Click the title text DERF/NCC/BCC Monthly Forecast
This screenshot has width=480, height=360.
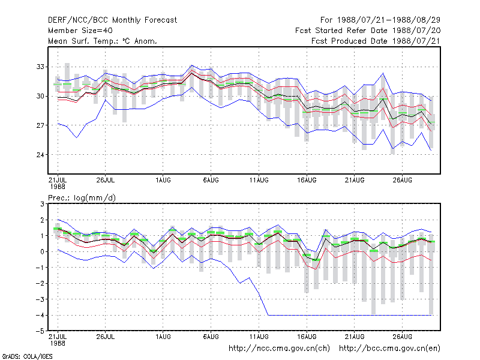[112, 20]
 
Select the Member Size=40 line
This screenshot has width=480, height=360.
[80, 31]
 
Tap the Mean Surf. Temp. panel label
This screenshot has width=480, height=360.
[103, 41]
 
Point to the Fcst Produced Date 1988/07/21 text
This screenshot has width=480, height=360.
[376, 41]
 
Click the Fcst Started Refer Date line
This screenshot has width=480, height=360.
[368, 31]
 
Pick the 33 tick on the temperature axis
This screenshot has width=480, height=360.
[40, 67]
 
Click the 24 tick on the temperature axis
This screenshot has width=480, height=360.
[40, 155]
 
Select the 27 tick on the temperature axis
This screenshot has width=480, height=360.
[40, 125]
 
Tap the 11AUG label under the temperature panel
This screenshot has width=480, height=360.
[259, 180]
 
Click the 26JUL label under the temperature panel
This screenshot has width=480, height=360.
[106, 180]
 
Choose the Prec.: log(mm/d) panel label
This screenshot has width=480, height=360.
[82, 198]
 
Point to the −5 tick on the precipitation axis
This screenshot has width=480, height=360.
[40, 331]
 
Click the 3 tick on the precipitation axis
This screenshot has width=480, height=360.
[42, 204]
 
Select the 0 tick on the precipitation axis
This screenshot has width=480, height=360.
[42, 251]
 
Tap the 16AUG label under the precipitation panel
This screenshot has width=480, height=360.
[307, 337]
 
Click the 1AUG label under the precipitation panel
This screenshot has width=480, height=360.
[163, 337]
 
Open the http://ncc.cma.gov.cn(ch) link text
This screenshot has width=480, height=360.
[279, 349]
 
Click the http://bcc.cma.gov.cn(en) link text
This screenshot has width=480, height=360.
[389, 349]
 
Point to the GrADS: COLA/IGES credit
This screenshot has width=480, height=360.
[27, 356]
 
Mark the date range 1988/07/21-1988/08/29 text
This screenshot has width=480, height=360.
[389, 20]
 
